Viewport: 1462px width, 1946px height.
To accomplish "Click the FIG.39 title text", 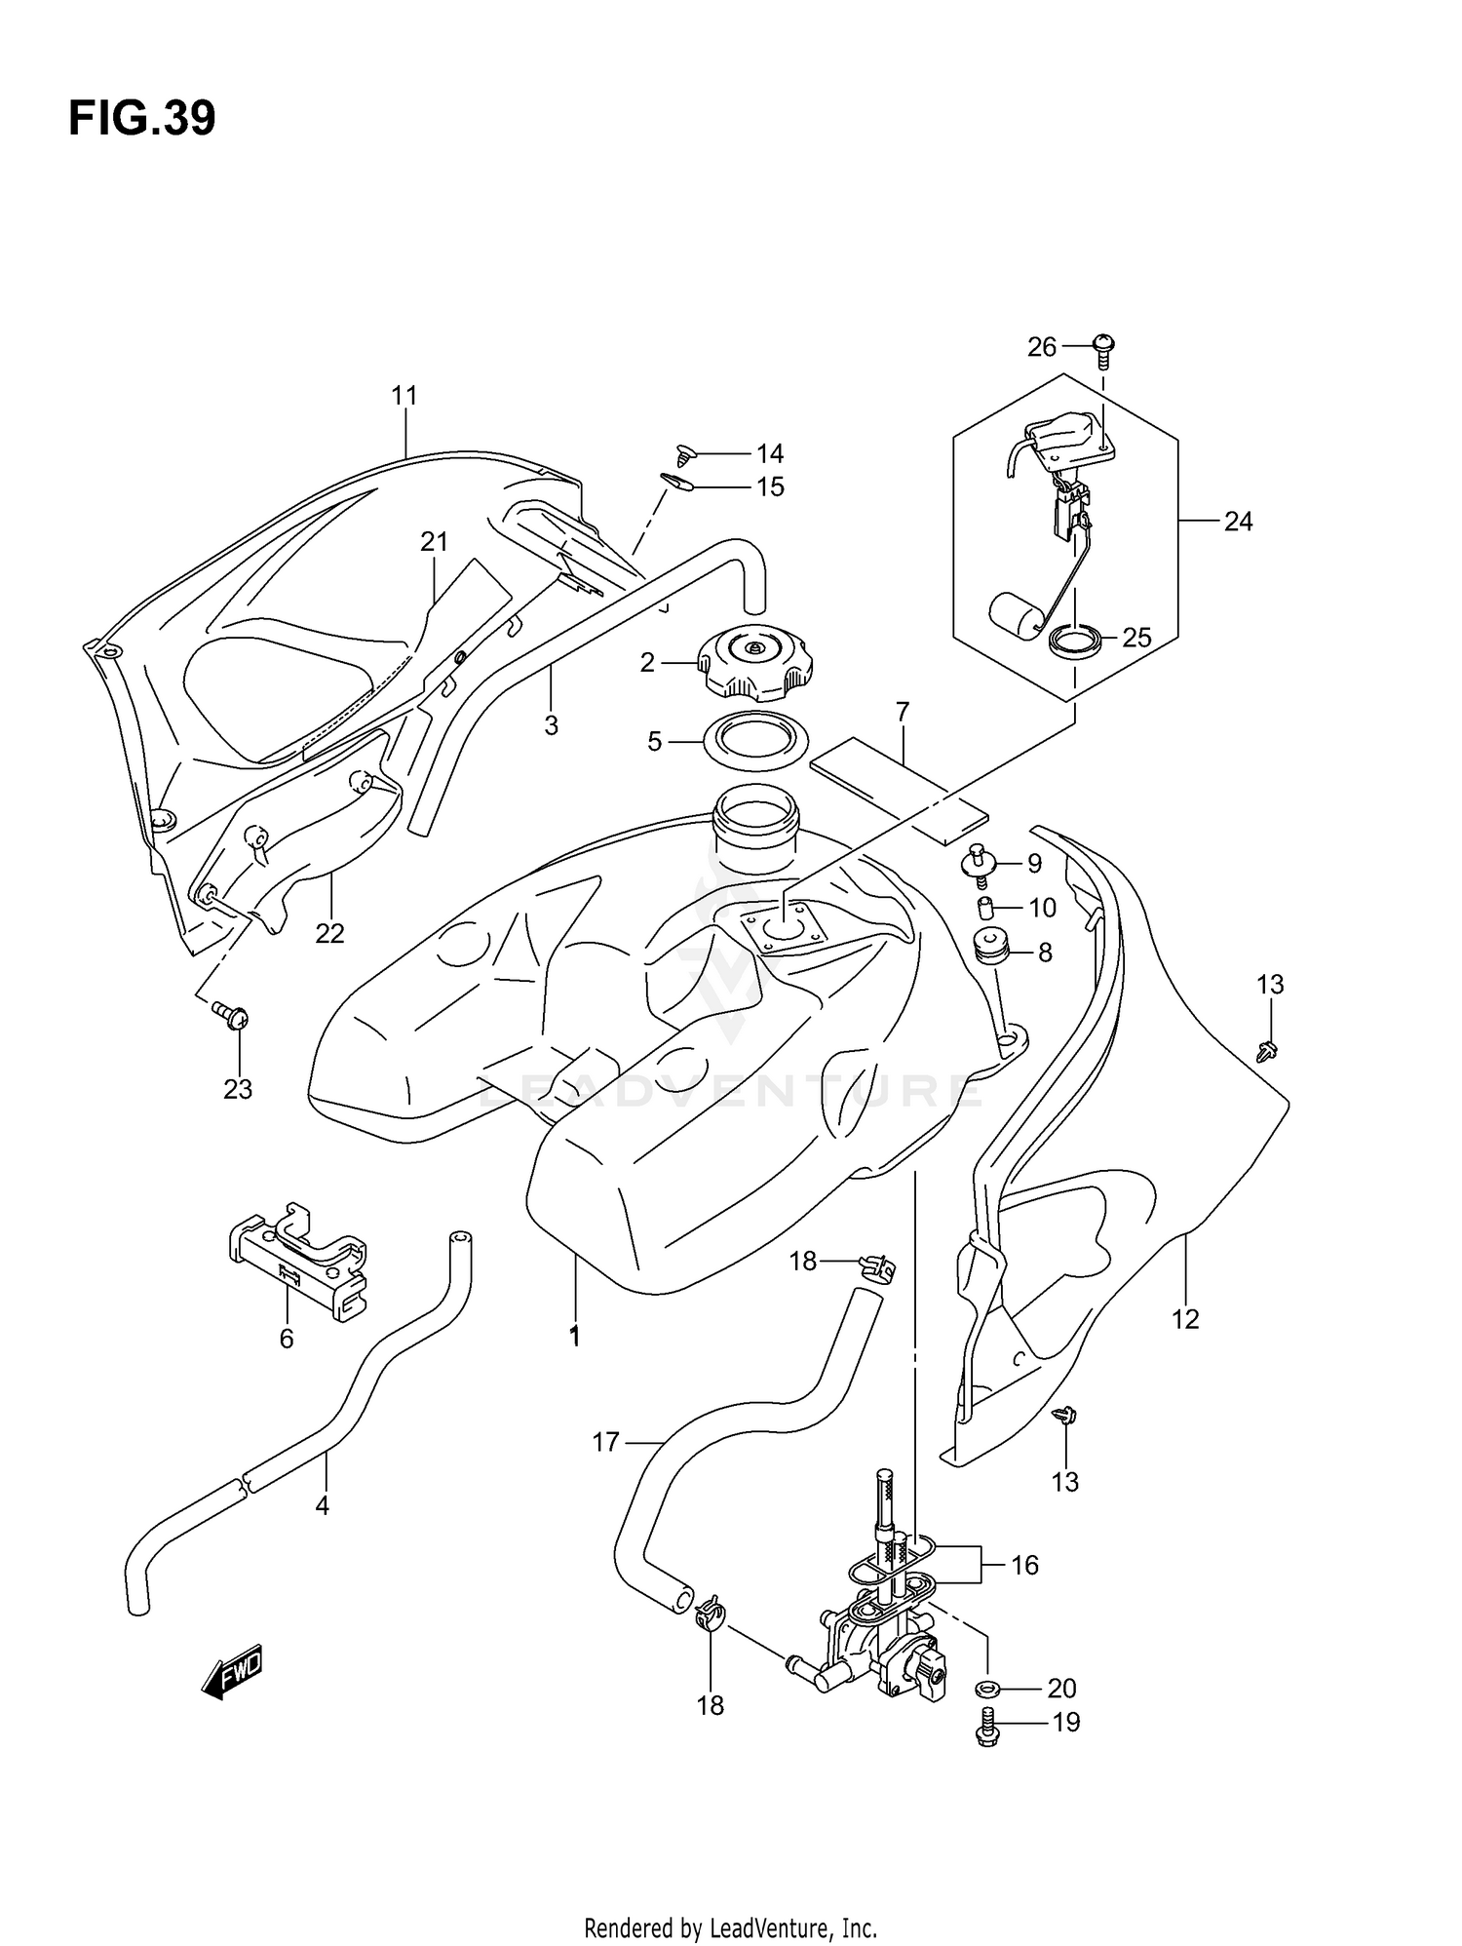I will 142,119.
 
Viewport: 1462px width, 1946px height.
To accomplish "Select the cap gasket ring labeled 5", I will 755,743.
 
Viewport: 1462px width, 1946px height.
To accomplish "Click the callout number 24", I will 1238,523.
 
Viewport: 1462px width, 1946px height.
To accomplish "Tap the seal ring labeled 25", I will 1076,642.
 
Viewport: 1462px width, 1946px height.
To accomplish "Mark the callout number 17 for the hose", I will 606,1442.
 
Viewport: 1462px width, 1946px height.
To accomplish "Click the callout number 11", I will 404,396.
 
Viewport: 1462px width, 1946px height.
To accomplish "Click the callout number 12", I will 1185,1320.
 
